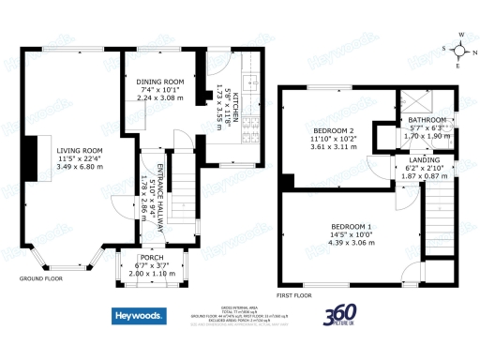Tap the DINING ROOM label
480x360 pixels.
[159, 82]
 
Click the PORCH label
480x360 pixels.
[152, 257]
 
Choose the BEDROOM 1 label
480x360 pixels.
[351, 228]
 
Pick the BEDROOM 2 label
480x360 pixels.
[333, 130]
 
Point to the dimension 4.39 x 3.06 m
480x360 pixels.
[351, 243]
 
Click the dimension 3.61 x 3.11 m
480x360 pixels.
[333, 147]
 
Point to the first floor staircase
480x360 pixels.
[435, 217]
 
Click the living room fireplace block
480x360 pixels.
[32, 162]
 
